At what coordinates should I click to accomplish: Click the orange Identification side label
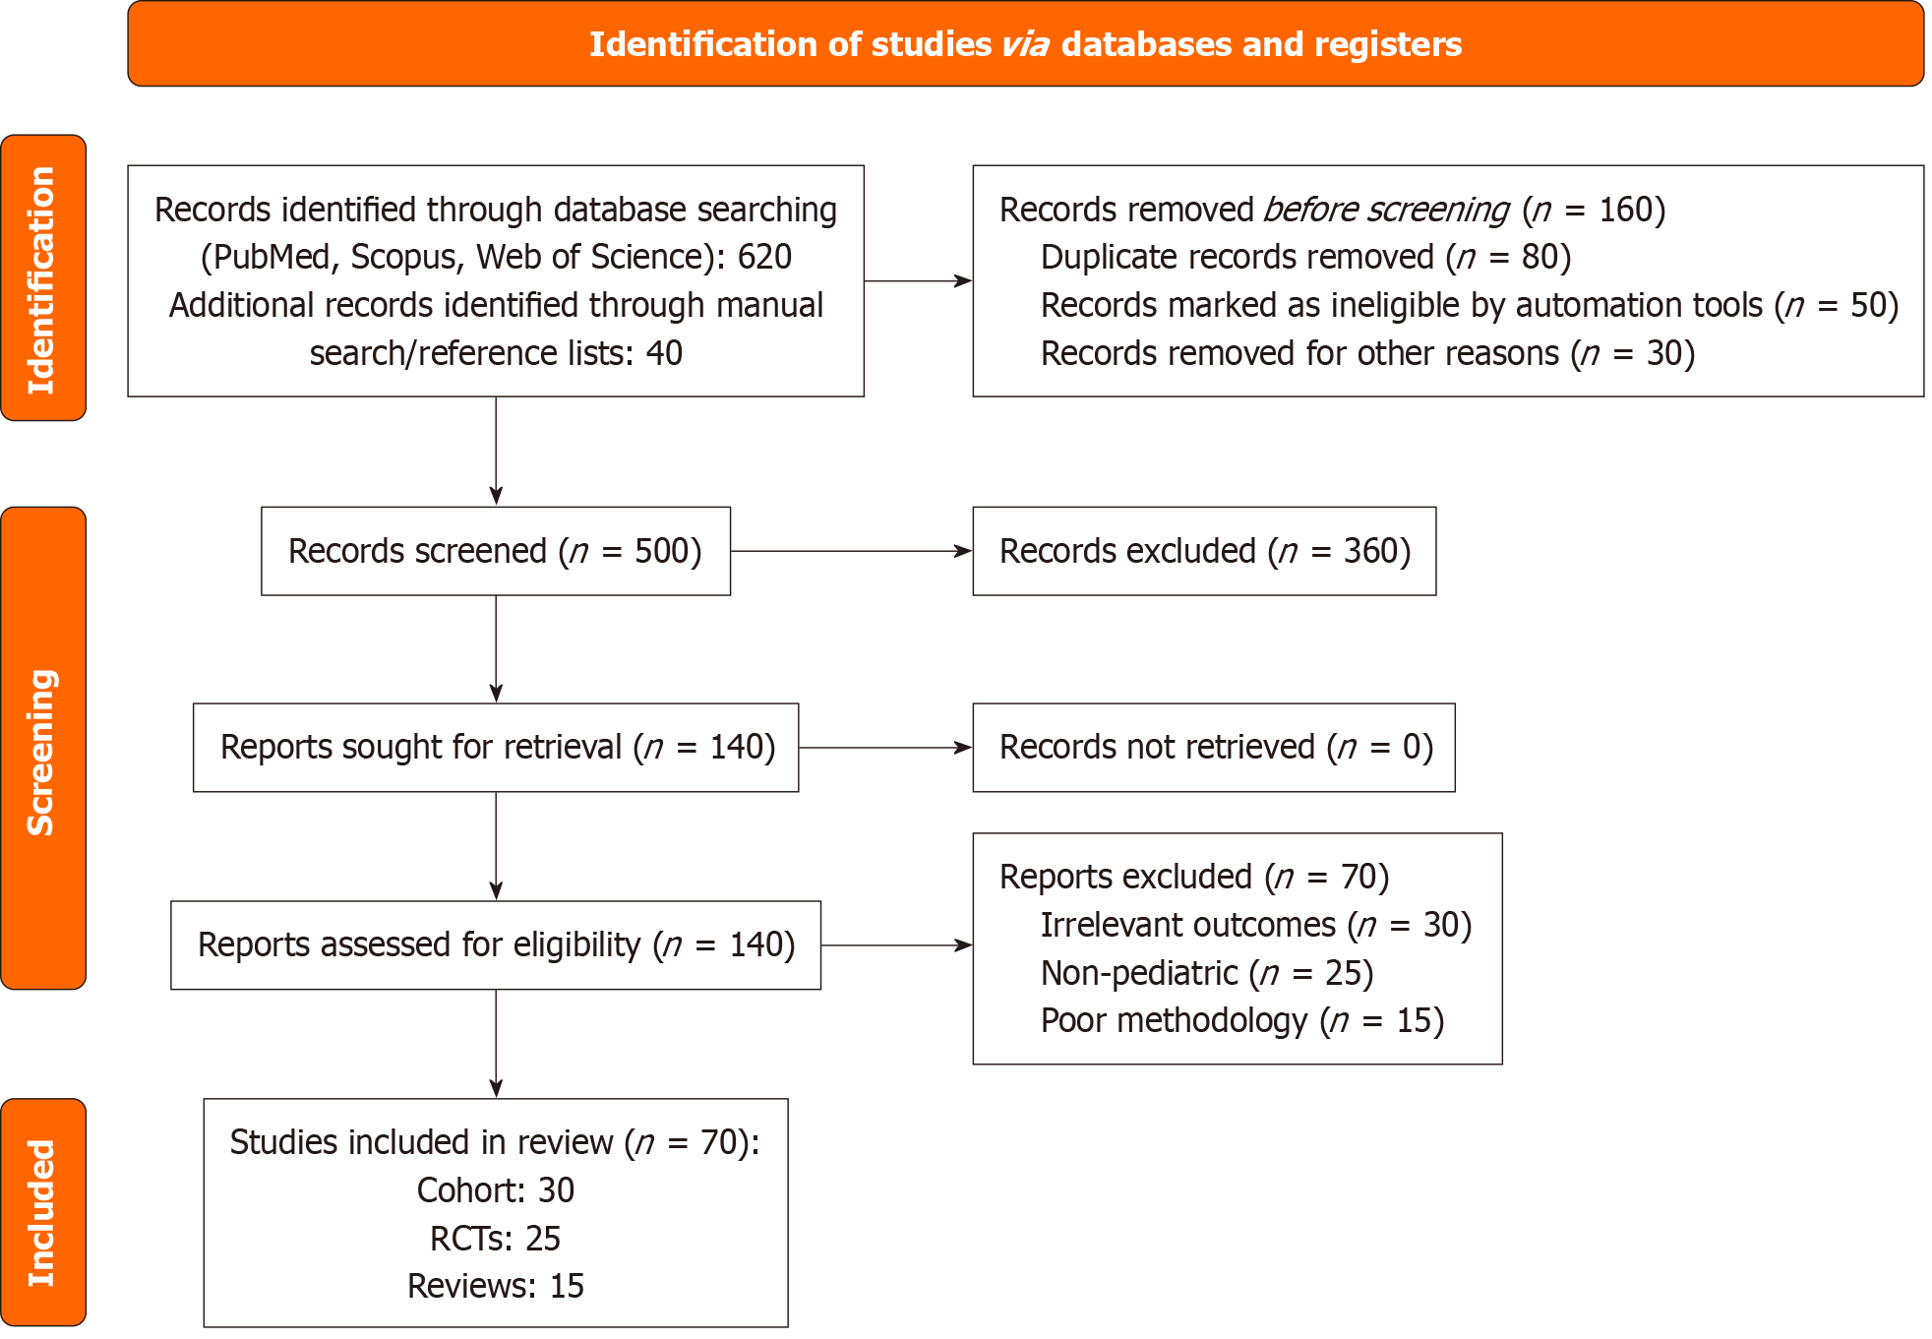tap(42, 278)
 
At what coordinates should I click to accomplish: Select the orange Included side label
tap(42, 1212)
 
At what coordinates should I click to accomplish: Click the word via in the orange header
tap(1025, 45)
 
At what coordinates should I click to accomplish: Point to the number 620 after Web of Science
tap(764, 258)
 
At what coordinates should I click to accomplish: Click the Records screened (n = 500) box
tap(495, 552)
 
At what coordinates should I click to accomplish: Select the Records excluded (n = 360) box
tap(1204, 552)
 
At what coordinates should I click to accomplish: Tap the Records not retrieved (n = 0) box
tap(1214, 748)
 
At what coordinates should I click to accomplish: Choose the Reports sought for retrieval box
tap(496, 748)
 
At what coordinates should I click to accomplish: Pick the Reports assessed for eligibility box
tap(496, 945)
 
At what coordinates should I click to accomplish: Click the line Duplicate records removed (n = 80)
tap(1305, 258)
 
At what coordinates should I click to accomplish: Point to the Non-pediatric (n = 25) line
tap(1207, 974)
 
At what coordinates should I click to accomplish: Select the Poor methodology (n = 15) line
tap(1241, 1021)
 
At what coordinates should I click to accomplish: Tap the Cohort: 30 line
tap(496, 1190)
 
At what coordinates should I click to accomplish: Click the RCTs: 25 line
tap(496, 1239)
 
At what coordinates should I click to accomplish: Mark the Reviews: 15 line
tap(496, 1286)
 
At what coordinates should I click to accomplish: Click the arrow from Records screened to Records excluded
tap(851, 552)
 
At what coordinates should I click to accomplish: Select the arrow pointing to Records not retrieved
tap(885, 748)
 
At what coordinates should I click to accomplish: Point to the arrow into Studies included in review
tap(496, 1043)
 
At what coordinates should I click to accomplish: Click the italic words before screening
tap(1386, 211)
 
